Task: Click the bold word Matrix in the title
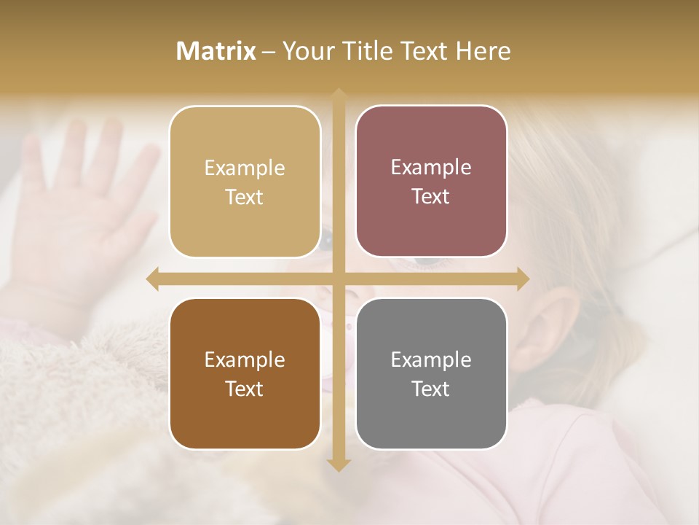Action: coord(216,50)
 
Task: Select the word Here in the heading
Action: coord(483,50)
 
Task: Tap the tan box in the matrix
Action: coord(245,182)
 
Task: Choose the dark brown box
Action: coord(245,373)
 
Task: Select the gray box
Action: coord(431,373)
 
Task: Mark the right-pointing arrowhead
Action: coord(522,279)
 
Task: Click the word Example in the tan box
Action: coord(245,168)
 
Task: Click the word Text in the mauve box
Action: coord(431,196)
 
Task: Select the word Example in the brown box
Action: coord(245,359)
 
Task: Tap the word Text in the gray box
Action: coord(431,389)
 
